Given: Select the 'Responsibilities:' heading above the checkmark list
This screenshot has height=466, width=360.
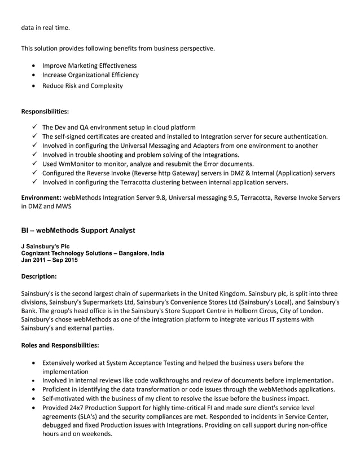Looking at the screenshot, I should [45, 111].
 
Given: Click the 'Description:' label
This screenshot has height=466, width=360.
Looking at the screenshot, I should [39, 276].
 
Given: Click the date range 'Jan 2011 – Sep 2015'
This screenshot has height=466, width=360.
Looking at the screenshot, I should [50, 260].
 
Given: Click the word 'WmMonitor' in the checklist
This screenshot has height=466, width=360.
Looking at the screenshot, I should [77, 164].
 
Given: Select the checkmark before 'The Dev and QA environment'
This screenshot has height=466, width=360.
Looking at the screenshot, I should [36, 127].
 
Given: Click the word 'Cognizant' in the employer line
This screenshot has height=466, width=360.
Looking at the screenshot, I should [36, 253].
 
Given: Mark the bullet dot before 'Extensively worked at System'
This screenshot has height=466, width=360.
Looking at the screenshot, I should [36, 363].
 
